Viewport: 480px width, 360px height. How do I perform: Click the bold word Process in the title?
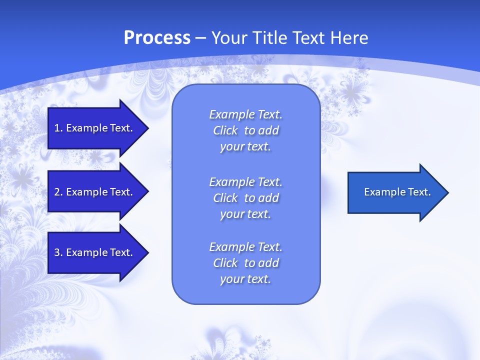(157, 38)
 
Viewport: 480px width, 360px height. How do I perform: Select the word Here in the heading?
(350, 38)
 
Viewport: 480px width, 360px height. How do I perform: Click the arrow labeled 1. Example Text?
(95, 128)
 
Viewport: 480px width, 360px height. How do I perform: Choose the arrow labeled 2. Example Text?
(95, 192)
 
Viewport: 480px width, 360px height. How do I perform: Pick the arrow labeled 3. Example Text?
(95, 252)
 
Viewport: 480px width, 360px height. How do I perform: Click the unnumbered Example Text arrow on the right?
(395, 192)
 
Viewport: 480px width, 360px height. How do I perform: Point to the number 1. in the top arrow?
(58, 128)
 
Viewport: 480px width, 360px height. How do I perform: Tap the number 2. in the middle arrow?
(58, 192)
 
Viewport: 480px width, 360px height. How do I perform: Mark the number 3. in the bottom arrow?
(58, 252)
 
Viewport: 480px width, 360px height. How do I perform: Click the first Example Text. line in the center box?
(245, 114)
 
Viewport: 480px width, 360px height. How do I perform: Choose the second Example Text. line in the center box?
(245, 181)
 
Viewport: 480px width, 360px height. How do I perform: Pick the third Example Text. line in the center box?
(245, 247)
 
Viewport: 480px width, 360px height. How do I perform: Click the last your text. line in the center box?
(245, 279)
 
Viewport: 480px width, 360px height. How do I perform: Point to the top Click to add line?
(245, 130)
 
